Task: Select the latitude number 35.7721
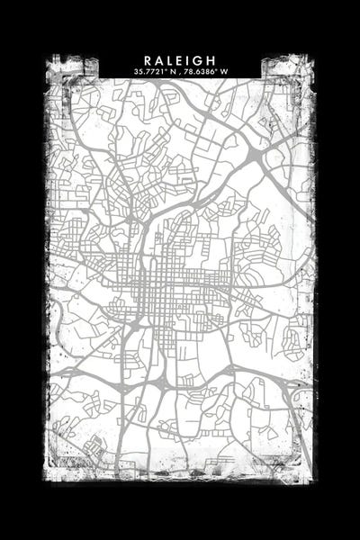(148, 70)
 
